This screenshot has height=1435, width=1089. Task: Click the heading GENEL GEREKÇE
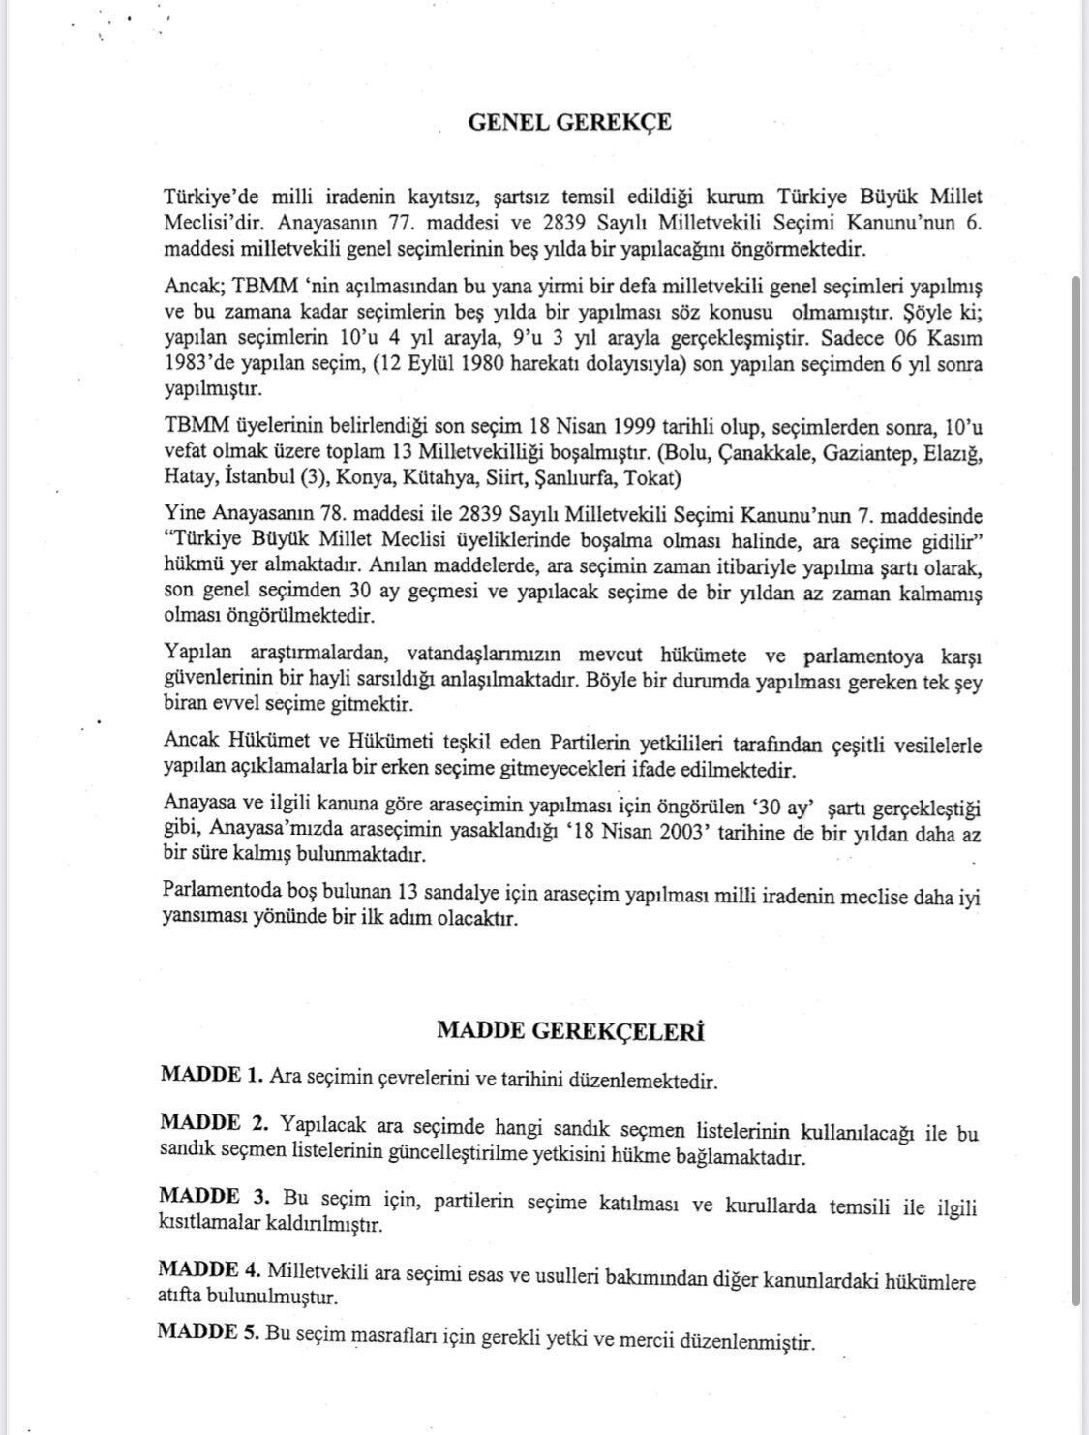click(569, 123)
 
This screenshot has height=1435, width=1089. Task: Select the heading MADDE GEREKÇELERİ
click(570, 1031)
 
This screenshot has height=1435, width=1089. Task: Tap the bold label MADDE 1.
click(211, 1075)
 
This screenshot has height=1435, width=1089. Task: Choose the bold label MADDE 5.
click(208, 1332)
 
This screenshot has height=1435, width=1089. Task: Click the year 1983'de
click(197, 371)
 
